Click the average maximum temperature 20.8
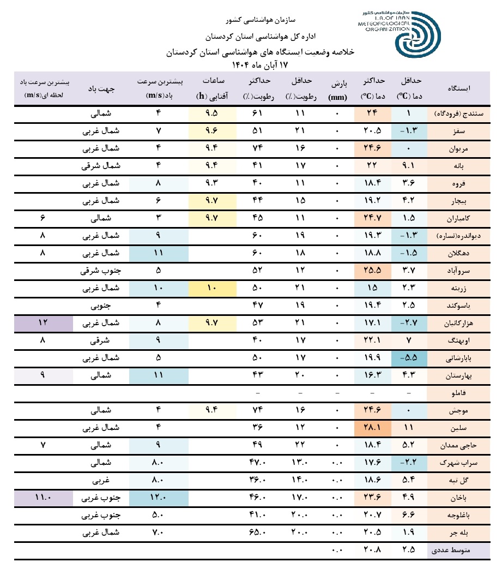(372, 551)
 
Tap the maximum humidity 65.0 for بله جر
(260, 533)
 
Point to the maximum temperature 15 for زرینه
(372, 288)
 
